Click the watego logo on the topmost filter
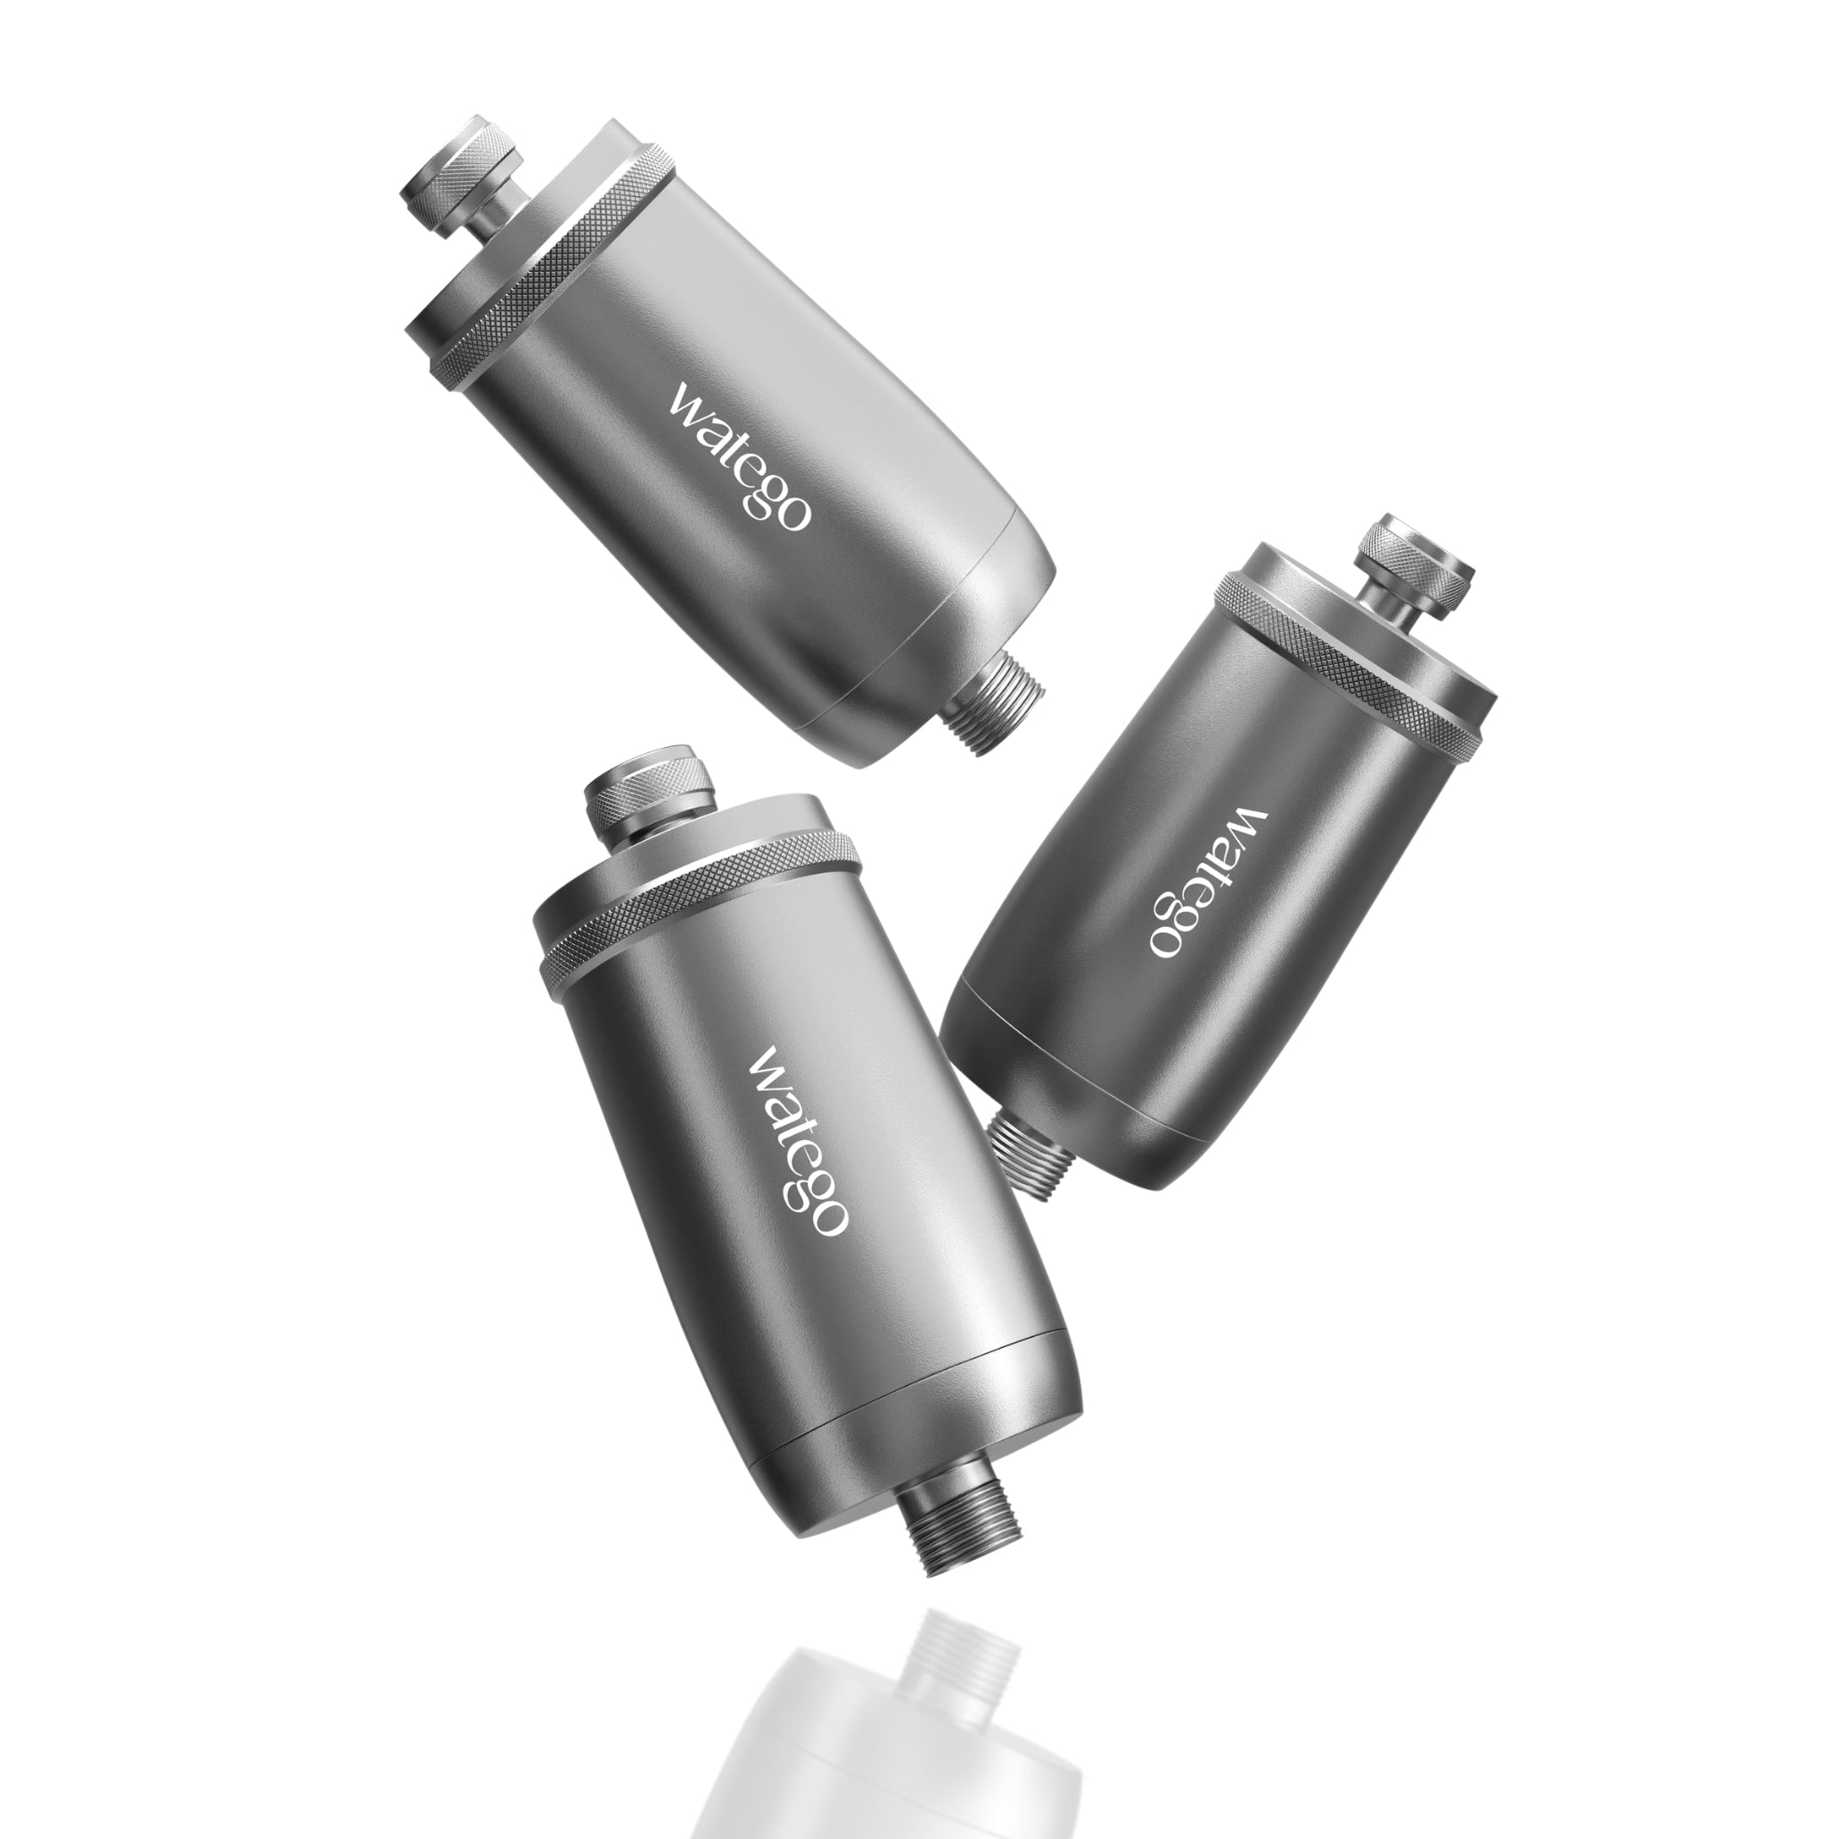point(740,456)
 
